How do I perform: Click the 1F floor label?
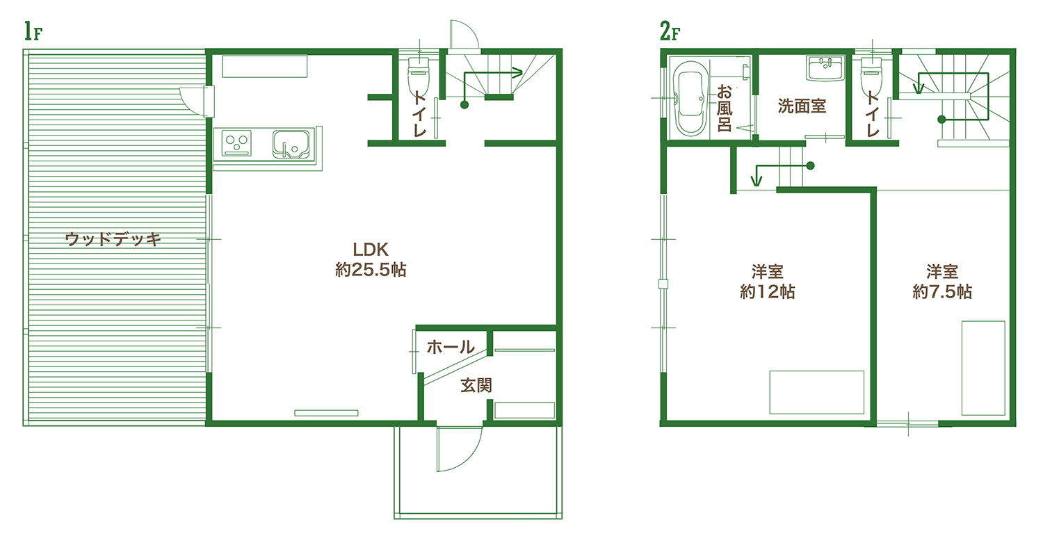point(33,32)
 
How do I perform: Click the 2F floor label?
point(670,32)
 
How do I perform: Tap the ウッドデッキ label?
point(113,240)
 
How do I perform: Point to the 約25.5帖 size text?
point(370,270)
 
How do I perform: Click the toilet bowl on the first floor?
point(418,76)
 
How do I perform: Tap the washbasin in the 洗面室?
point(825,70)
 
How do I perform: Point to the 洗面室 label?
point(802,106)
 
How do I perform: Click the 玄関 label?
point(476,385)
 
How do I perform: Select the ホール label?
point(450,347)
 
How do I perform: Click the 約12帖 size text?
point(768,292)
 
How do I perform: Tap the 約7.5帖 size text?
point(942,292)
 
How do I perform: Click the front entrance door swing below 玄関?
point(459,448)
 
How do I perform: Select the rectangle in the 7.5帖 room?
point(983,368)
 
